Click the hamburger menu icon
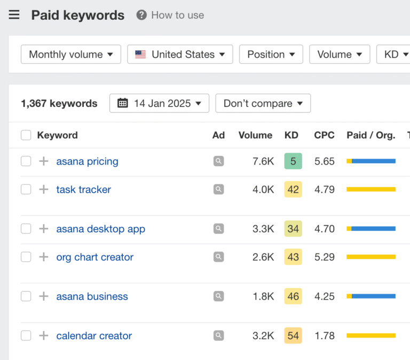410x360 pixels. pos(14,15)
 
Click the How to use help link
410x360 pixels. pos(170,15)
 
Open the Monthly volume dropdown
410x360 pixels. pos(70,54)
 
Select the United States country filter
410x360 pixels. pos(180,54)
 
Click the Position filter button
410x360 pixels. pos(271,54)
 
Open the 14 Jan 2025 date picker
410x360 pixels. pos(159,103)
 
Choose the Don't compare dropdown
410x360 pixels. pos(263,103)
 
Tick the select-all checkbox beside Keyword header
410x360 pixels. pos(26,135)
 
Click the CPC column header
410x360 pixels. pos(324,135)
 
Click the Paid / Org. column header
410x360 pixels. pos(370,135)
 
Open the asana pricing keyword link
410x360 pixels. pos(87,161)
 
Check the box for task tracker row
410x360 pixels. pos(26,190)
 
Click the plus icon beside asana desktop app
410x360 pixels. pos(44,229)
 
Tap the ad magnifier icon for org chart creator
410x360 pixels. pos(218,257)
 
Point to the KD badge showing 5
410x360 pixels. pos(293,161)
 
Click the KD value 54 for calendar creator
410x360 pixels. pos(293,336)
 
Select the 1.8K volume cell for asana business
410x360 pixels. pos(263,296)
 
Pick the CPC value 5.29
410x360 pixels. pos(324,257)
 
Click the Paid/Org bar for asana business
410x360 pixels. pos(370,296)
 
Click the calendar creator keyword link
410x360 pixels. pos(94,336)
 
